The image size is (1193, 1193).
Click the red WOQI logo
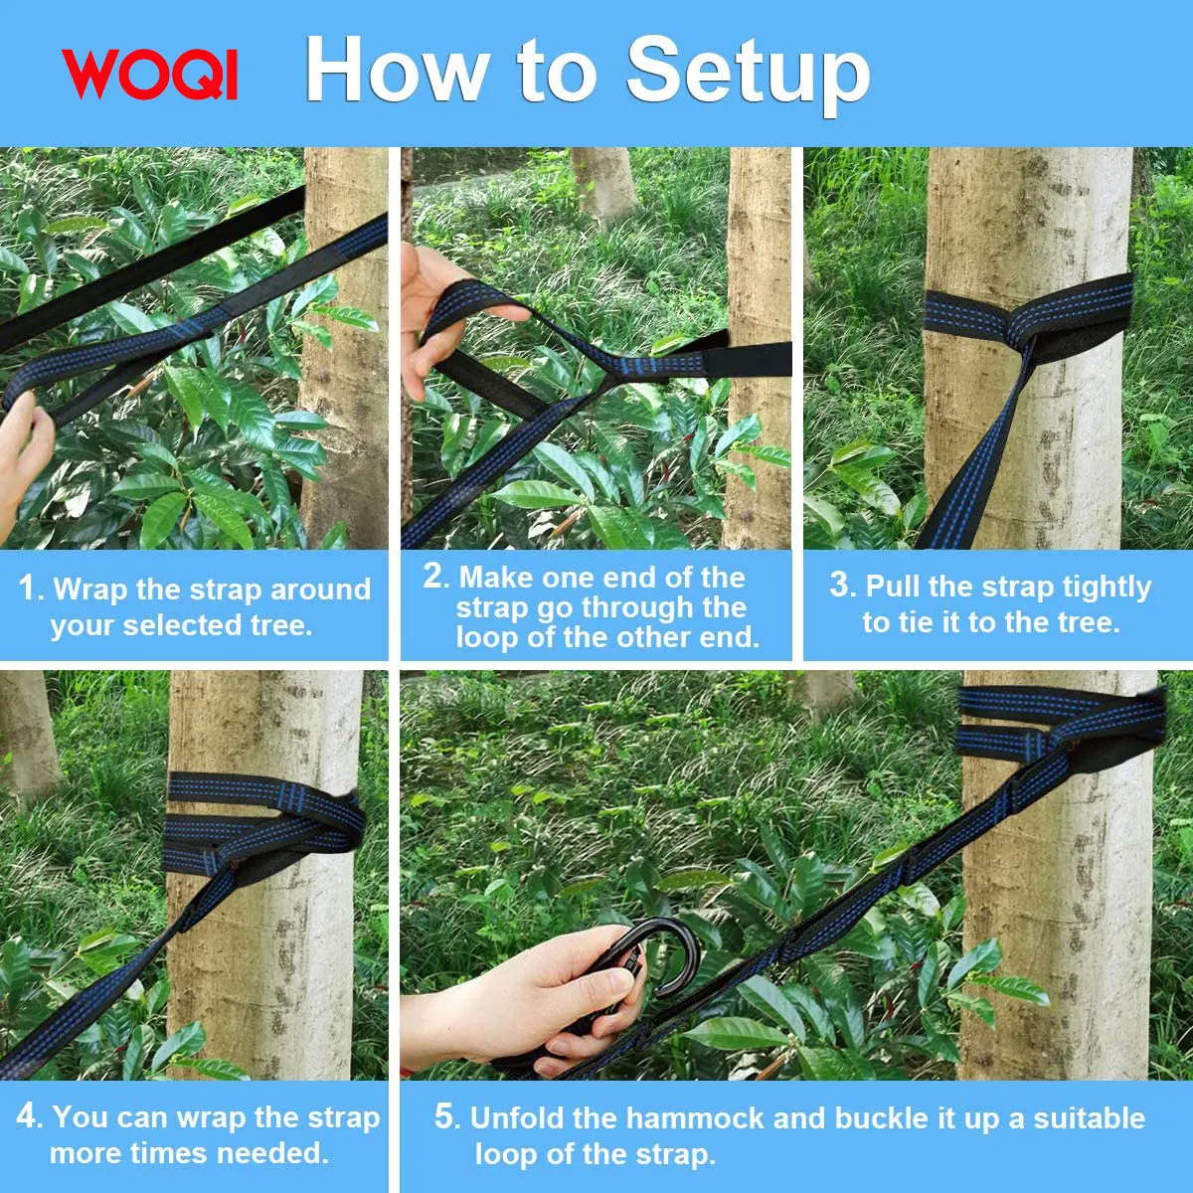click(x=149, y=74)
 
